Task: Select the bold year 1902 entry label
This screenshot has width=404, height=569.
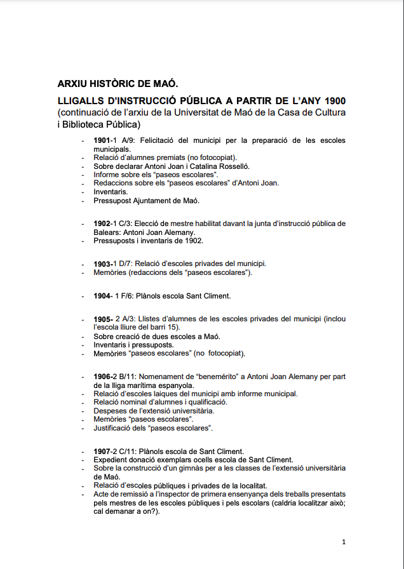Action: click(x=102, y=224)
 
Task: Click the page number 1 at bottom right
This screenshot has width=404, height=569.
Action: click(x=344, y=542)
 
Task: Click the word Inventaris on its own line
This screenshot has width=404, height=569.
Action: click(x=111, y=191)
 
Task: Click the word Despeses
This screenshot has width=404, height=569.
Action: click(x=109, y=411)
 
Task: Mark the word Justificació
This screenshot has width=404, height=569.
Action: click(x=114, y=428)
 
